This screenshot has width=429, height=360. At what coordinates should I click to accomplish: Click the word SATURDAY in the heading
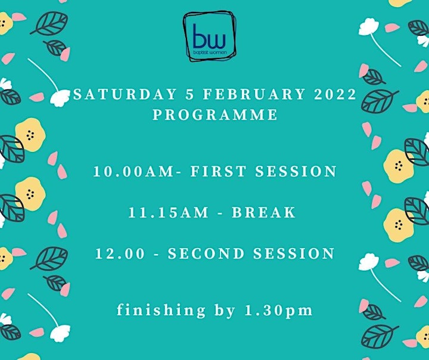(x=125, y=94)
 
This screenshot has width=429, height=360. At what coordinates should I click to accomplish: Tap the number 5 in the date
(x=189, y=94)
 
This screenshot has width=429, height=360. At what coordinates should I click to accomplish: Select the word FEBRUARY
(x=254, y=94)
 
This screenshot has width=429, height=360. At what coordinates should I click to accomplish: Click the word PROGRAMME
(x=215, y=114)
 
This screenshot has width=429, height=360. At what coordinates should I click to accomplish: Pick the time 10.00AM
(x=133, y=172)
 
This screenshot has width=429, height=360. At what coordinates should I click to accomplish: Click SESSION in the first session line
(x=296, y=172)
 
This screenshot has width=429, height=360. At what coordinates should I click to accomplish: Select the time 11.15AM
(x=168, y=212)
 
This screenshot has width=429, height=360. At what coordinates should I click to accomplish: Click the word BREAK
(x=263, y=212)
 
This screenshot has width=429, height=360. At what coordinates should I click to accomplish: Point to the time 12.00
(x=120, y=253)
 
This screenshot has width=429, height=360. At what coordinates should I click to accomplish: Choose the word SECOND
(x=206, y=253)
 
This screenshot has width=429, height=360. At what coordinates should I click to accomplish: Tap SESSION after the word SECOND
(x=294, y=253)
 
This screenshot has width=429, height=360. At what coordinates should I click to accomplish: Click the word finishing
(x=161, y=311)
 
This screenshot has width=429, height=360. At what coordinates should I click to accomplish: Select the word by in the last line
(x=225, y=311)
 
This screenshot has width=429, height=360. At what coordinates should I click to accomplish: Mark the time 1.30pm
(x=278, y=311)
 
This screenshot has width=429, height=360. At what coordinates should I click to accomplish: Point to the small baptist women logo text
(x=210, y=52)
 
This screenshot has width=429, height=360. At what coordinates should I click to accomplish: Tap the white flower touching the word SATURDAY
(x=60, y=98)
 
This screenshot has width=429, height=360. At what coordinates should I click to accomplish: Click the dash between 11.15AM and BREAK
(x=220, y=213)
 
